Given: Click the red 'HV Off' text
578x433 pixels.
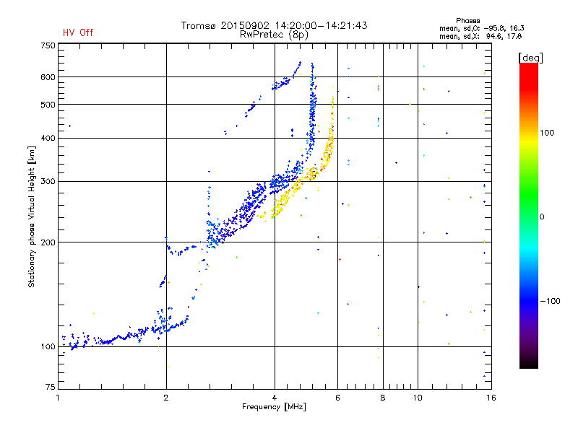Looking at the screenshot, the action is pos(78,32).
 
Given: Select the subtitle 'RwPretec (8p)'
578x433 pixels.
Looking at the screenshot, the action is pos(274,35).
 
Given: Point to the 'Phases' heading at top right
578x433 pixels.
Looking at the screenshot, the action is pos(467,21).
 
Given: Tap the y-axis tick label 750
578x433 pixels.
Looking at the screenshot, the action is pos(48,45).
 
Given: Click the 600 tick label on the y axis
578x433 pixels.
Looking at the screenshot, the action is pos(48,77).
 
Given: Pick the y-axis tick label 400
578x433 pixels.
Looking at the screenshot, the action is pos(48,138).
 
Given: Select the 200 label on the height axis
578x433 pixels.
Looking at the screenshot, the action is pos(48,242).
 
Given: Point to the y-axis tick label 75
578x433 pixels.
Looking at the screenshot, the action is pos(50,387).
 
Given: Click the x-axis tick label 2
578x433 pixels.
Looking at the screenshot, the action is pos(166,398).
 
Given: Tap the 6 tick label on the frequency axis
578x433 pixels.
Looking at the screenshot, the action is pos(337,398).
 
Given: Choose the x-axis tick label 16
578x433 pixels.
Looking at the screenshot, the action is pos(491,398).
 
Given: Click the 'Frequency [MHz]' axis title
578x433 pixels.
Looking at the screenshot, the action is pos(274,407).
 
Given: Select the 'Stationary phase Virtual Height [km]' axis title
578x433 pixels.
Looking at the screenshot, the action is pos(32,216).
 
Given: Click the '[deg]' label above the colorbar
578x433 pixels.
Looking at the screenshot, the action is pos(530,58).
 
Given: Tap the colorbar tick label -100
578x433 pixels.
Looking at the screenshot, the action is pos(550,301).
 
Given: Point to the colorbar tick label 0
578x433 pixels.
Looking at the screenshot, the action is pos(542,217).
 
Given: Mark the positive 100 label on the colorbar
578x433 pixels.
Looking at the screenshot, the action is pos(547,133).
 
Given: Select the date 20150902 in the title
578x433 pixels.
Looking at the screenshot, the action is pos(245,25).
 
